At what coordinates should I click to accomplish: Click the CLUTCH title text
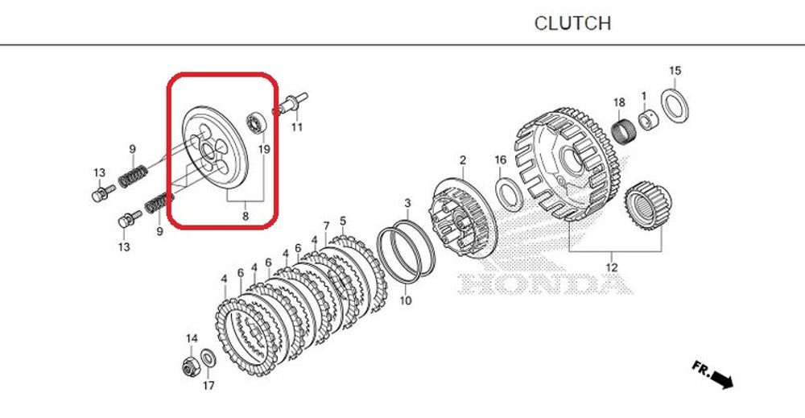click(572, 23)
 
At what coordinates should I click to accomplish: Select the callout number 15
click(675, 71)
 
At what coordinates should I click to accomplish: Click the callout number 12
click(611, 267)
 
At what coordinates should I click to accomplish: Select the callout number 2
click(463, 159)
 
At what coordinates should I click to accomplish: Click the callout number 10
click(405, 300)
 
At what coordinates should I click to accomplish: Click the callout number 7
click(326, 226)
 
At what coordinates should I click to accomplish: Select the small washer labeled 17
click(207, 357)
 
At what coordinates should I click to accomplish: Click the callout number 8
click(246, 216)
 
